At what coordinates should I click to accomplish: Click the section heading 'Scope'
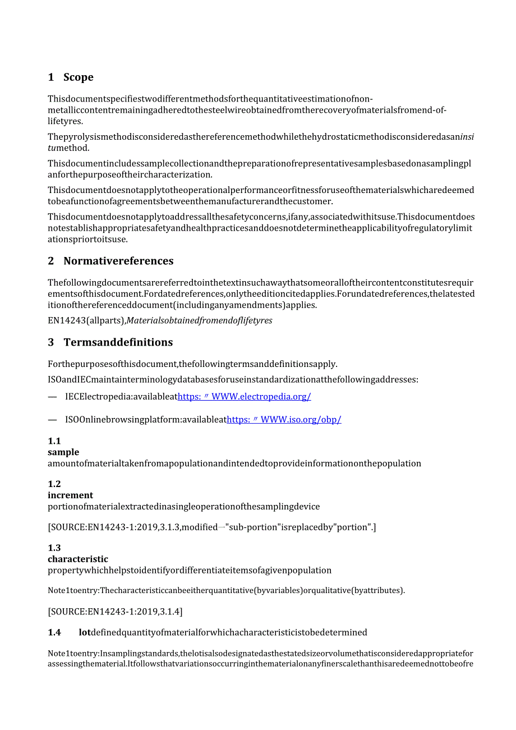78,77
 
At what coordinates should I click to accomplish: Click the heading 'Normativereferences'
118,261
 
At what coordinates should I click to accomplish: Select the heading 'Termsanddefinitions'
118,342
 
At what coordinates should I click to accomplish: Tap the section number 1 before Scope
51,77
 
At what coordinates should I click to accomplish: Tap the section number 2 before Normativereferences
51,261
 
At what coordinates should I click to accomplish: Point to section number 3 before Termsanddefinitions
51,342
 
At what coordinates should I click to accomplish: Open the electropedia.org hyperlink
244,397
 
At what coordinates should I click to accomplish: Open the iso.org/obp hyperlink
284,419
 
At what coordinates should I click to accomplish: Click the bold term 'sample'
63,452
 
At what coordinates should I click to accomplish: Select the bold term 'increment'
71,495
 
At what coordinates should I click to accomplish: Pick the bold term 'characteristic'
78,559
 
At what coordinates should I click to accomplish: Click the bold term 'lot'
85,632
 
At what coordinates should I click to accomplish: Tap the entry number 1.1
54,441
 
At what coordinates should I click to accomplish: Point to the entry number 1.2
54,484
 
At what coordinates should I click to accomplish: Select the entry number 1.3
54,548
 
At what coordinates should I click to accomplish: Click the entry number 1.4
54,632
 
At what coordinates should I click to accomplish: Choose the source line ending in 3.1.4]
115,611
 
